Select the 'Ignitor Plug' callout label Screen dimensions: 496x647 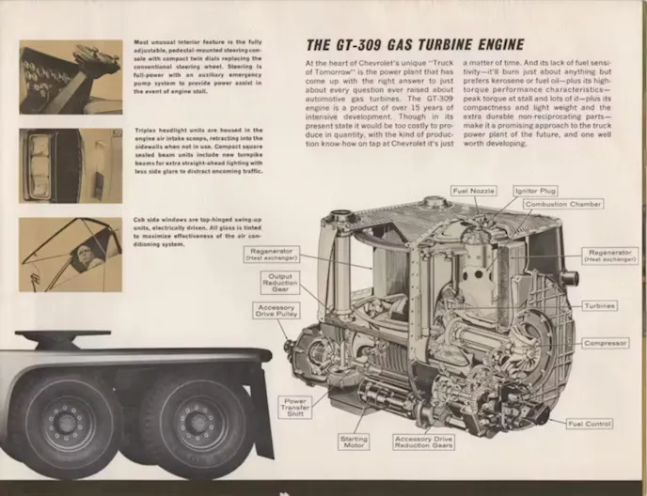[x=535, y=191]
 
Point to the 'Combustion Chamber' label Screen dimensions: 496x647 [x=563, y=204]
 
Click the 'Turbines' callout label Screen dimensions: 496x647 [x=598, y=305]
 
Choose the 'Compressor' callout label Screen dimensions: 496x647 [x=604, y=343]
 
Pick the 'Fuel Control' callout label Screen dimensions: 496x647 [x=590, y=424]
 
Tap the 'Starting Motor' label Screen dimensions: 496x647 [x=354, y=442]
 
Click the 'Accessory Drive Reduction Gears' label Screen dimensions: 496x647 [x=425, y=442]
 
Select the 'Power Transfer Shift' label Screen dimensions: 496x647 [x=295, y=407]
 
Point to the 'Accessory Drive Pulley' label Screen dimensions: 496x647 [x=277, y=311]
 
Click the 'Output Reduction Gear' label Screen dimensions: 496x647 [x=281, y=282]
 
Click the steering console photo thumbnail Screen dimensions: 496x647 [x=71, y=77]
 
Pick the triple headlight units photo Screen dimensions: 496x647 [x=71, y=165]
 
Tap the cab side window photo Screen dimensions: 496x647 [x=71, y=254]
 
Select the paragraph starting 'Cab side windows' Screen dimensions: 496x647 [x=197, y=232]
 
